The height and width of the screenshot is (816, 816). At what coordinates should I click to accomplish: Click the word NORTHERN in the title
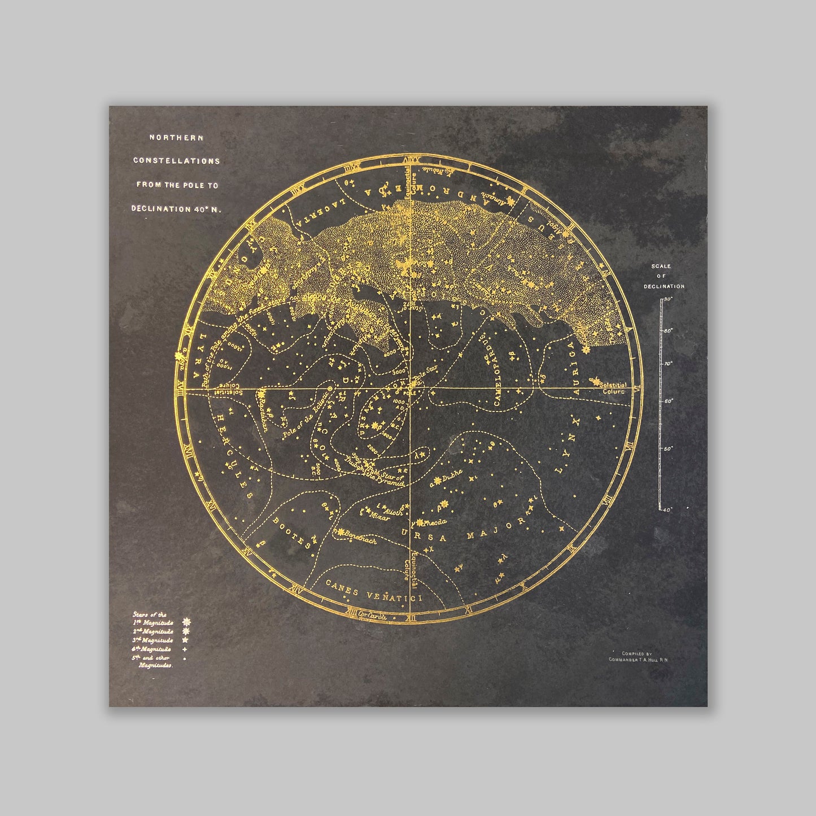[176, 137]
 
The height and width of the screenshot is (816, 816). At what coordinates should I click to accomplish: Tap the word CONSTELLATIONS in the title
[176, 161]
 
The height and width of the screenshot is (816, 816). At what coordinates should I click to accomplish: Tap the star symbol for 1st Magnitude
[186, 622]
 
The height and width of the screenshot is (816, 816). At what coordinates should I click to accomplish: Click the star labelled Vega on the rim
[180, 356]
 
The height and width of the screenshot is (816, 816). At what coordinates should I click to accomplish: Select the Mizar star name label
[378, 517]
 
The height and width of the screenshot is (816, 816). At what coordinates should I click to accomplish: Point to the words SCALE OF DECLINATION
[664, 276]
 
